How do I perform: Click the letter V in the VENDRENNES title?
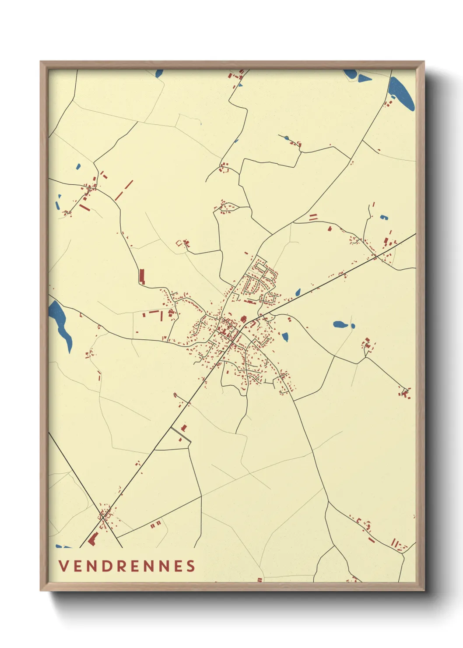(x=63, y=566)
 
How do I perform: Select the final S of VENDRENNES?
(x=191, y=566)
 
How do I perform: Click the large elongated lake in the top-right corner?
(x=401, y=94)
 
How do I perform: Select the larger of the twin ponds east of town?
(x=340, y=325)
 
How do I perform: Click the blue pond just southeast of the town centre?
(x=285, y=337)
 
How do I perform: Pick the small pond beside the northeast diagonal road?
(x=298, y=292)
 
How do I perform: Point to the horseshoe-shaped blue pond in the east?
(x=384, y=217)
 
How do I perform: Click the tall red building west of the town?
(x=142, y=277)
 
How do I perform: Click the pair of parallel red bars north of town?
(x=313, y=217)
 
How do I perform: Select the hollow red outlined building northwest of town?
(x=179, y=243)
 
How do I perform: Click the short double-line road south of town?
(x=180, y=435)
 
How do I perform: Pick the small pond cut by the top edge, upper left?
(x=159, y=73)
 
